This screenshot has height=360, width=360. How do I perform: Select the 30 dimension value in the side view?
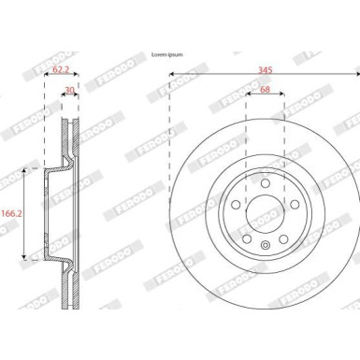pyautogui.click(x=68, y=90)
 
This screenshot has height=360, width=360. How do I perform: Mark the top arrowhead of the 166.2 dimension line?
pyautogui.click(x=23, y=171)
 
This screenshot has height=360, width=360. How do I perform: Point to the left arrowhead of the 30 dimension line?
pyautogui.click(x=64, y=96)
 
